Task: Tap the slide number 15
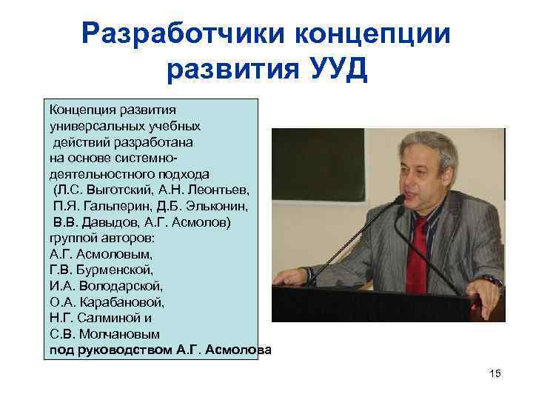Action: [495, 373]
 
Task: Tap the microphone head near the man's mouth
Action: [399, 199]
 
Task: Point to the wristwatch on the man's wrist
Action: [489, 281]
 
